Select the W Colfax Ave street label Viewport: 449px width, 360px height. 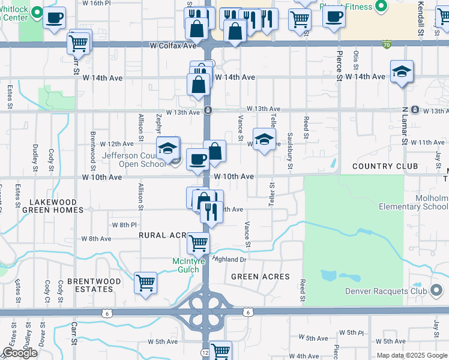(x=173, y=46)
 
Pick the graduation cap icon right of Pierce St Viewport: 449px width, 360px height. (x=401, y=73)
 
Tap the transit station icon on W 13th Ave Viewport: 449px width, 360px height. (x=207, y=110)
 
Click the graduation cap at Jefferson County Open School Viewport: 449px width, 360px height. (x=167, y=148)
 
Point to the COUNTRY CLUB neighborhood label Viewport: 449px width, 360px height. (x=385, y=166)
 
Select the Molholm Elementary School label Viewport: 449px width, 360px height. (x=414, y=202)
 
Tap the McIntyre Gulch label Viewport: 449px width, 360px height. (x=188, y=265)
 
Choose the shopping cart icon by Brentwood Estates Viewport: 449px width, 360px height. (x=146, y=283)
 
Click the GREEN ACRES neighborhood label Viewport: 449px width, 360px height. (x=261, y=277)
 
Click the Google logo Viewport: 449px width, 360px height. (x=20, y=353)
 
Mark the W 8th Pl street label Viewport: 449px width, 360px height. (x=124, y=225)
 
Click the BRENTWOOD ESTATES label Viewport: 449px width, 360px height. (x=94, y=285)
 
